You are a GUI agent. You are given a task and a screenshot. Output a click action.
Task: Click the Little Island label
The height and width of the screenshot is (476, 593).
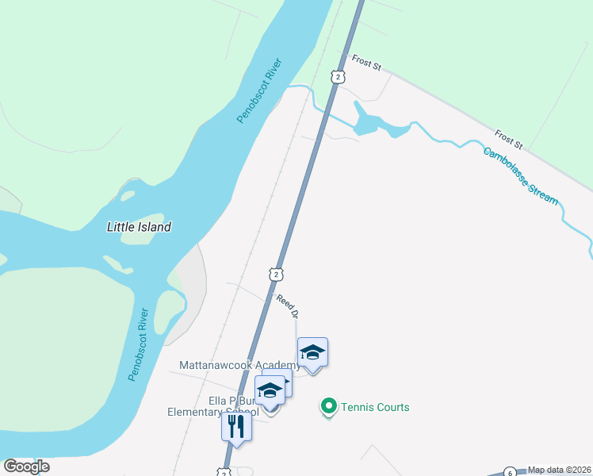pyautogui.click(x=139, y=227)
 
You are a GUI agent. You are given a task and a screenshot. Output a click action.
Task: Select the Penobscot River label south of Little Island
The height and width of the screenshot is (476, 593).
pyautogui.click(x=138, y=343)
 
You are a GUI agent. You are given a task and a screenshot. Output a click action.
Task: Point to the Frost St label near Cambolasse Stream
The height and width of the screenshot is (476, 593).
pyautogui.click(x=508, y=140)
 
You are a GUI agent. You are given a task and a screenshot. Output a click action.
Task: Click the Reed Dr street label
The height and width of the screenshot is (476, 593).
pyautogui.click(x=287, y=306)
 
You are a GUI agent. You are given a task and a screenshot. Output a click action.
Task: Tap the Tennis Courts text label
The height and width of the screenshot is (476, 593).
pyautogui.click(x=375, y=407)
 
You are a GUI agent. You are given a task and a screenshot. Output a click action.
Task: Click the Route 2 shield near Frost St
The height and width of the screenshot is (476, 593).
pyautogui.click(x=339, y=76)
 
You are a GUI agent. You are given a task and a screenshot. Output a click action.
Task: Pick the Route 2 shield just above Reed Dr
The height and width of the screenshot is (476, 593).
pyautogui.click(x=275, y=274)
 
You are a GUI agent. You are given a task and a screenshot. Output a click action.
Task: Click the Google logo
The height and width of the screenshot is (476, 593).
pyautogui.click(x=26, y=466)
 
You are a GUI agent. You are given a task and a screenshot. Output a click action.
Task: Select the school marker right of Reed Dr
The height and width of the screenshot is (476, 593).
pyautogui.click(x=312, y=352)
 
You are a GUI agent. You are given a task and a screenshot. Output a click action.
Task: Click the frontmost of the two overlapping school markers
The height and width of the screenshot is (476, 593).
pyautogui.click(x=270, y=391)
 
